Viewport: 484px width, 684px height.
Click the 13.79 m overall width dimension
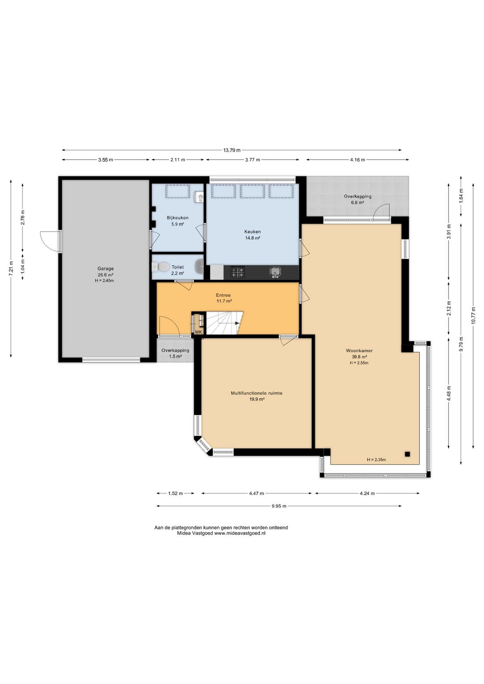coord(232,150)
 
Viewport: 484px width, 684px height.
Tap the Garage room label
coord(106,269)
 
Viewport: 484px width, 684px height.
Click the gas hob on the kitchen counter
coord(238,272)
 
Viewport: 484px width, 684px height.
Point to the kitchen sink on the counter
coord(276,272)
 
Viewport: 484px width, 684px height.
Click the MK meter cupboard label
coord(199,332)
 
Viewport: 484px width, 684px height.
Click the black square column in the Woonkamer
coord(407,454)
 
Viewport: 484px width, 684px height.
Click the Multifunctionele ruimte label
coord(256,393)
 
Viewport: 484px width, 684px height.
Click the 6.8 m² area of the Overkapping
coord(358,203)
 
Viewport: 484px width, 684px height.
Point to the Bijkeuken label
coord(177,218)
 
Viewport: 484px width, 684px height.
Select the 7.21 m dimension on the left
coord(11,269)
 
